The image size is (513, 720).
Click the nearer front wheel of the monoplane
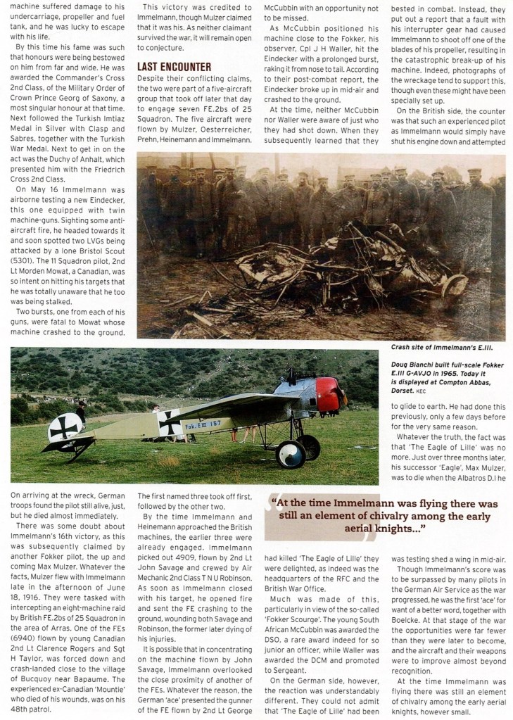point(289,454)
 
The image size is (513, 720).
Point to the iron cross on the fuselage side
point(169,424)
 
